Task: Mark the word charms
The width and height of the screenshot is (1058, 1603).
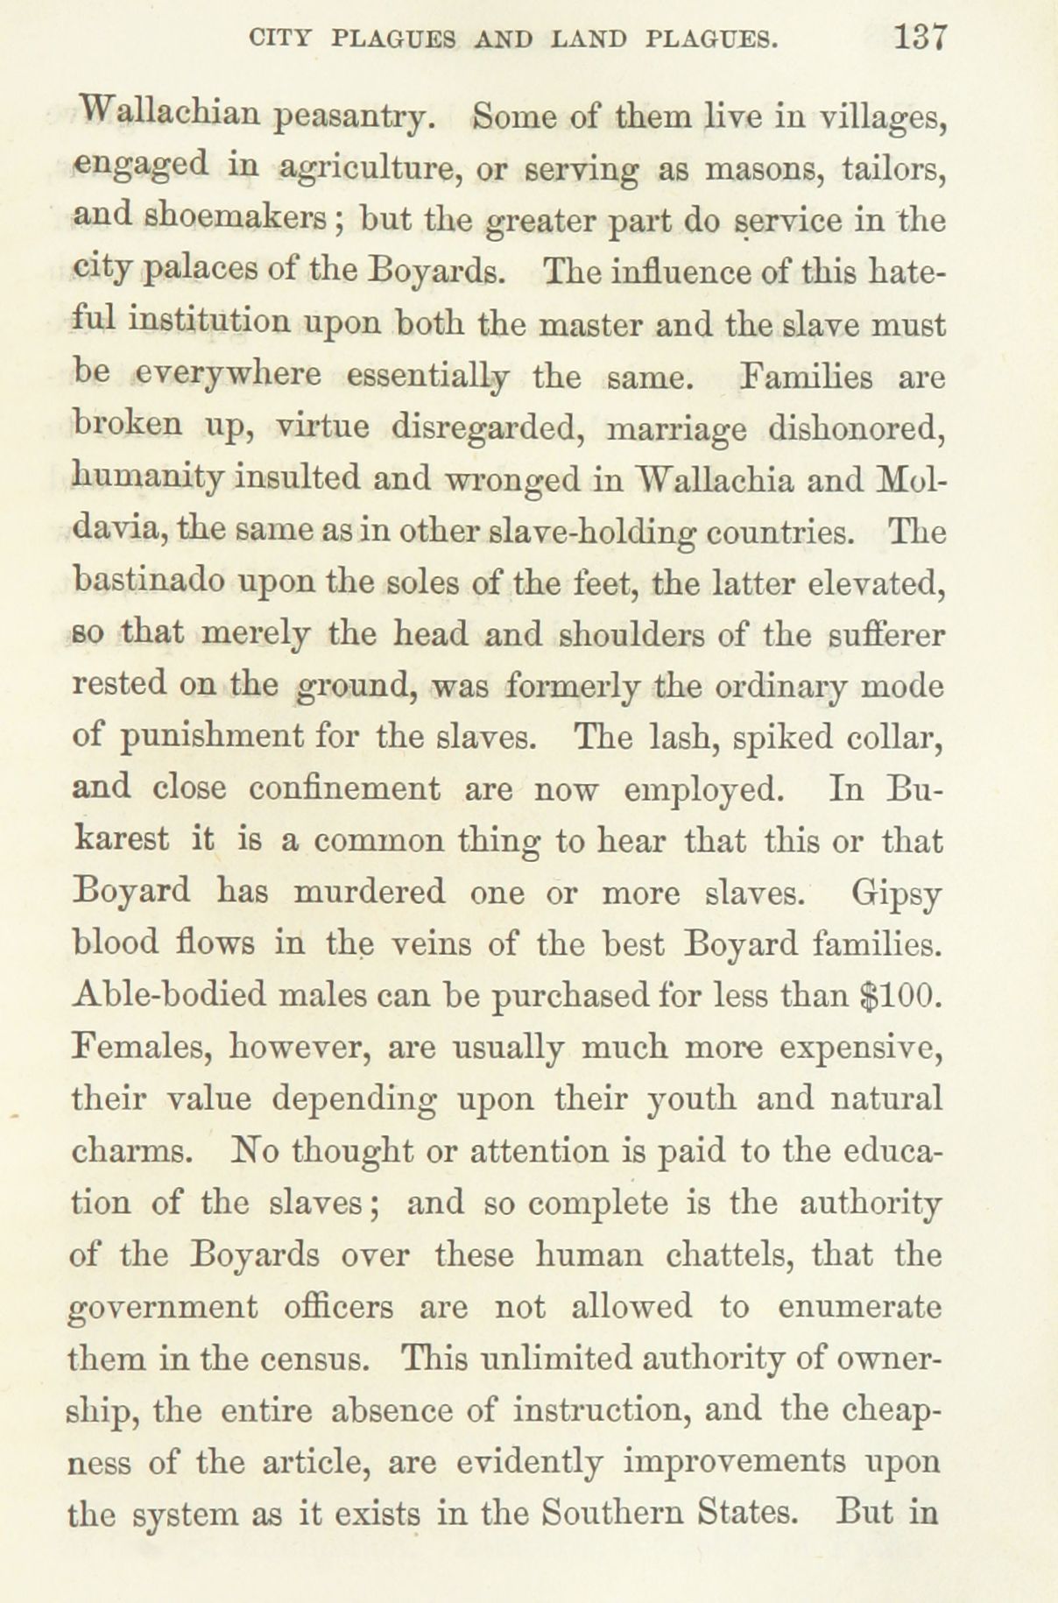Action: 129,1150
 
